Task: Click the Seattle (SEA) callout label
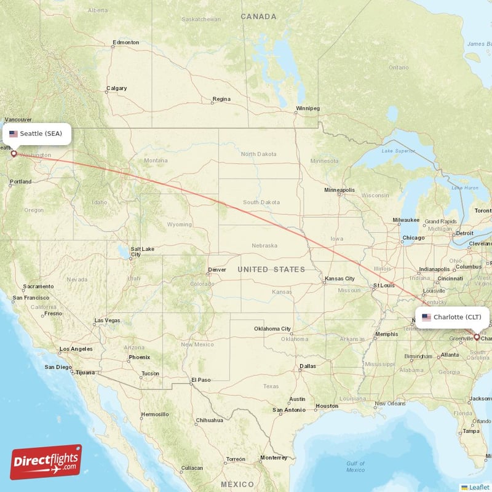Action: pos(36,133)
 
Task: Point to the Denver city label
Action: pos(216,270)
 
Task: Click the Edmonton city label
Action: pos(125,43)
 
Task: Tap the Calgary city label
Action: pos(116,89)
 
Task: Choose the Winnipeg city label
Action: pos(307,109)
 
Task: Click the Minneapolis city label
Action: pos(339,190)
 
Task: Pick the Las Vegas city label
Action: pos(107,321)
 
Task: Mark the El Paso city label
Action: pos(200,380)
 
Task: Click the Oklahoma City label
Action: pos(272,329)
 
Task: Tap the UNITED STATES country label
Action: pos(271,269)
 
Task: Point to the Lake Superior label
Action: pos(395,151)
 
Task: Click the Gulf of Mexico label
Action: pos(355,467)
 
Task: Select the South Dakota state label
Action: pos(261,202)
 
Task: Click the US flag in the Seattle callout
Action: pos(14,133)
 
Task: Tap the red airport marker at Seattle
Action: pos(14,154)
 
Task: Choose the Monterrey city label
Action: pos(273,458)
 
